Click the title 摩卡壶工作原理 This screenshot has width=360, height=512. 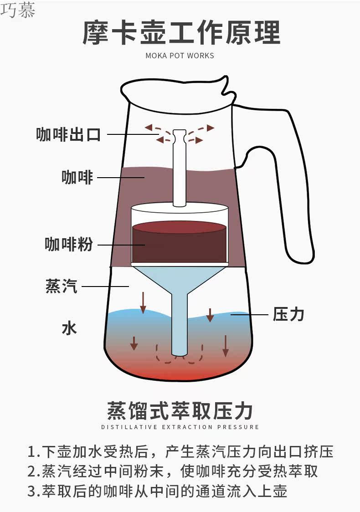tap(181, 33)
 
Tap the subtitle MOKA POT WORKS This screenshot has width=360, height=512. tap(180, 56)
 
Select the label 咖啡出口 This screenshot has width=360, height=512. tap(68, 134)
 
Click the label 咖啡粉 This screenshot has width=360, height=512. tap(68, 245)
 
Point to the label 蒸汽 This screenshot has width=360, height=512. tap(61, 286)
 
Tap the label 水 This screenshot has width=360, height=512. tap(69, 328)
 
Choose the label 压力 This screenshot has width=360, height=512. tap(288, 314)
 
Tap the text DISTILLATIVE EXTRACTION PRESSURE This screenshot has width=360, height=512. tap(180, 427)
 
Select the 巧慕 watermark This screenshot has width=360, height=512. tap(17, 10)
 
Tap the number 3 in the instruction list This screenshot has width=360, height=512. tap(31, 492)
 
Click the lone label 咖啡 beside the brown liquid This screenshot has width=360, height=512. tap(77, 177)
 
